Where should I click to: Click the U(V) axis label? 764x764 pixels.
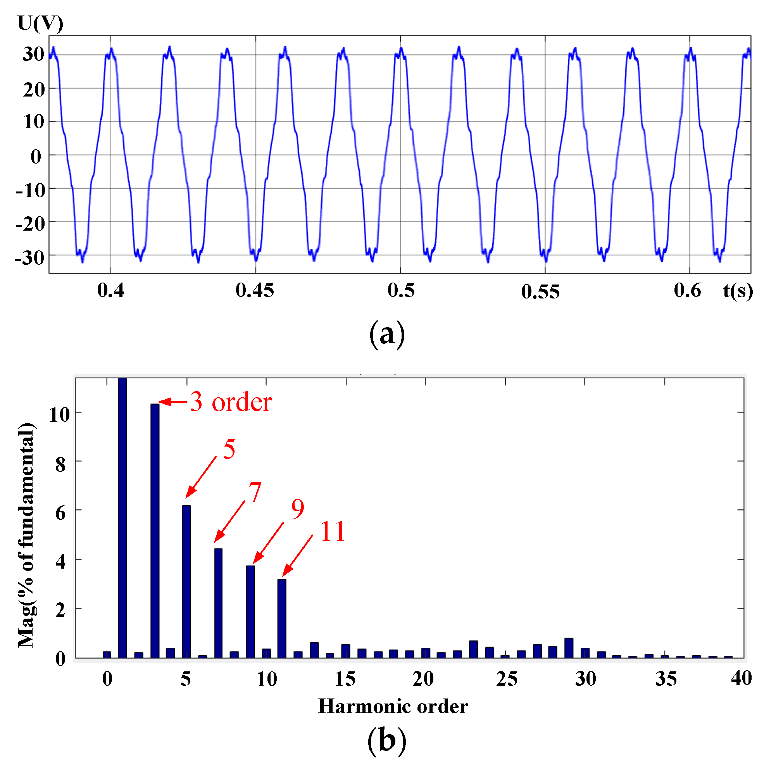tap(40, 24)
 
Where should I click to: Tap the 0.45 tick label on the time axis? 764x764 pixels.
tap(255, 291)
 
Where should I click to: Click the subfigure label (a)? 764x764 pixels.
tap(387, 335)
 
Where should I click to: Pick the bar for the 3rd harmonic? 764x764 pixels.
tap(155, 530)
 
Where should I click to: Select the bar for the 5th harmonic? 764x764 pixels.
tap(186, 581)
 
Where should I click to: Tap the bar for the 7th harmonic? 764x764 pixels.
tap(218, 603)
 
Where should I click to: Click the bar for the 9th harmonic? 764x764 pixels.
tap(250, 612)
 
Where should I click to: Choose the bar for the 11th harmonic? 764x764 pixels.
tap(281, 619)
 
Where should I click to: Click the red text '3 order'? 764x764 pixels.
tap(231, 402)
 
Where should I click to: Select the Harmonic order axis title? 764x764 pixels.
tap(393, 706)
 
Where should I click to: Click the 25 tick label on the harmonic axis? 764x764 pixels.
tap(507, 679)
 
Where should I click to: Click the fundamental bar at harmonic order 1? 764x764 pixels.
tap(122, 518)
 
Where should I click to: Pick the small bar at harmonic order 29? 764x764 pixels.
tap(569, 648)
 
